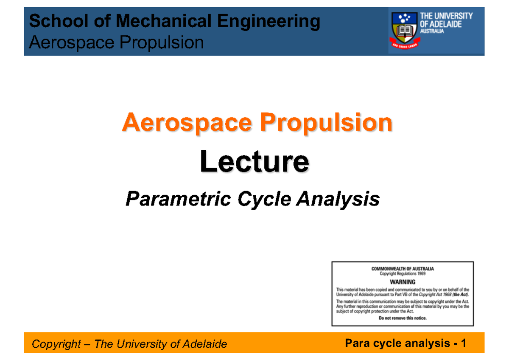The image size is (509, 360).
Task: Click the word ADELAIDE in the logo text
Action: click(x=446, y=24)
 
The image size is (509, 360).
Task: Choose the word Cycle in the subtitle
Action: click(x=264, y=198)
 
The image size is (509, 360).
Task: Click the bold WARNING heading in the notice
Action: click(x=403, y=281)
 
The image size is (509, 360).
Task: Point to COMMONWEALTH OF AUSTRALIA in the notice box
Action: click(x=403, y=269)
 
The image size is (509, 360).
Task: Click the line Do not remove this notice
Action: click(x=403, y=318)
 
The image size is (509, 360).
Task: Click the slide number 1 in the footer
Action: click(x=464, y=343)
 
